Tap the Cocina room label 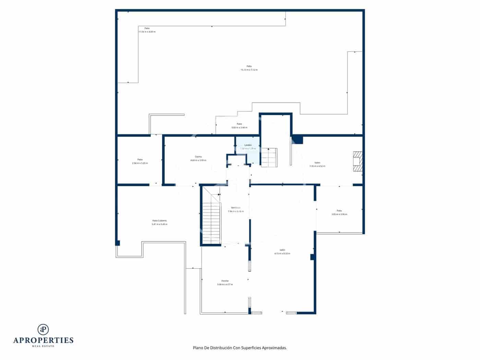[x=198, y=157]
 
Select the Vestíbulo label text [x=236, y=208]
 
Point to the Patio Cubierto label [x=159, y=220]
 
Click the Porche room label [x=225, y=281]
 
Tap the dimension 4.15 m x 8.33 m [x=282, y=254]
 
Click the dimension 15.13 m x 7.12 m [x=249, y=70]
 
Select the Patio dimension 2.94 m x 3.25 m [x=140, y=163]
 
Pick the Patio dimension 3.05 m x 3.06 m [x=339, y=214]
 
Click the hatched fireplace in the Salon [x=357, y=161]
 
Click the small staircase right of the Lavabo [x=269, y=158]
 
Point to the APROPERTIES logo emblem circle [x=43, y=329]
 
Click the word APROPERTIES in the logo [x=43, y=340]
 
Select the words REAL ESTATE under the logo [x=43, y=346]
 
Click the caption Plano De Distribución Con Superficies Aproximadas [x=240, y=348]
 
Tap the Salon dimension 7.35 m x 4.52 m [x=317, y=166]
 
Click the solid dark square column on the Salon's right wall [x=312, y=257]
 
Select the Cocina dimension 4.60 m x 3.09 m [x=198, y=160]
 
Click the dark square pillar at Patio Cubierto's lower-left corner [x=117, y=243]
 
